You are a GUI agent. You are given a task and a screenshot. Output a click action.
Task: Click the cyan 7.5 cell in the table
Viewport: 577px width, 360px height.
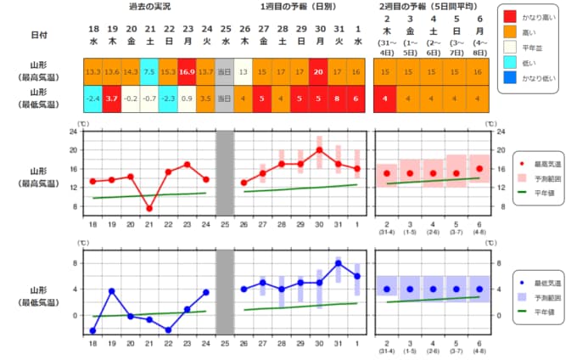click(149, 72)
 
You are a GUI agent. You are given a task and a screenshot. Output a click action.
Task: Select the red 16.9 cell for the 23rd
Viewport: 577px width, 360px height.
click(188, 72)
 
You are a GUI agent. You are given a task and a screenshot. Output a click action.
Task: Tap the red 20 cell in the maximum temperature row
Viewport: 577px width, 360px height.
click(319, 72)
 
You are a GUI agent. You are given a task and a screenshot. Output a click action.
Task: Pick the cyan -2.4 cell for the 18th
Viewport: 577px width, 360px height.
click(93, 98)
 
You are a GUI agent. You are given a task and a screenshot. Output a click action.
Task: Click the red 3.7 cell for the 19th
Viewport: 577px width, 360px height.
click(112, 98)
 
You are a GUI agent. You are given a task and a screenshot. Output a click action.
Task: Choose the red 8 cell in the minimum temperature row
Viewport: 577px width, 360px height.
click(338, 98)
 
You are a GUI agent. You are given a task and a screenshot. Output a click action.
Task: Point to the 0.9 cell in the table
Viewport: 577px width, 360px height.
click(188, 98)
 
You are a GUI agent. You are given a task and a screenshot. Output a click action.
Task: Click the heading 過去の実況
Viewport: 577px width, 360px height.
click(149, 8)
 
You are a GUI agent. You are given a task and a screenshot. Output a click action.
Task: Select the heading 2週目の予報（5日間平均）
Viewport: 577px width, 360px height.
click(432, 8)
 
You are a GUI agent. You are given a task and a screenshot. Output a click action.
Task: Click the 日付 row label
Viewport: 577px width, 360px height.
click(39, 35)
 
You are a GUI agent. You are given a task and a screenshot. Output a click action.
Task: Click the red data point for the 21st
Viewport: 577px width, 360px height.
click(149, 208)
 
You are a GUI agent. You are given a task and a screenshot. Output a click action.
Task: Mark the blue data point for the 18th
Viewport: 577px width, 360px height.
click(93, 330)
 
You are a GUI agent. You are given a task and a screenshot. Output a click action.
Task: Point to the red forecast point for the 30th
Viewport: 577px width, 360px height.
click(319, 149)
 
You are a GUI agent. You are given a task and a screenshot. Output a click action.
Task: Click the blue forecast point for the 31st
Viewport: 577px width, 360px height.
click(338, 263)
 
